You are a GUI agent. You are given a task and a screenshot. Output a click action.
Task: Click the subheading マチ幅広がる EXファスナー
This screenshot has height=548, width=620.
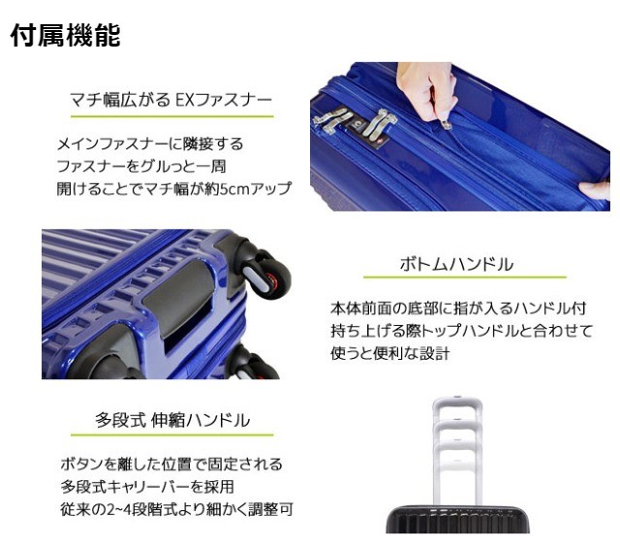coord(171,99)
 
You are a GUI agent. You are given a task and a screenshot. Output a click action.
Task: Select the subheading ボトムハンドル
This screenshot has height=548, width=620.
coord(456,264)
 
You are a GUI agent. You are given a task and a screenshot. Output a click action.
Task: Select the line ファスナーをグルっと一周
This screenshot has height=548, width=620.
coord(141,165)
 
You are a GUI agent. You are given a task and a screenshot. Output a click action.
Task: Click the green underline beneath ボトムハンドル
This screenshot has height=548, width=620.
coord(456,281)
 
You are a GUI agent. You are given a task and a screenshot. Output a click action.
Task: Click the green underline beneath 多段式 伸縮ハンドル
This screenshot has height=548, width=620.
coord(171,435)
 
